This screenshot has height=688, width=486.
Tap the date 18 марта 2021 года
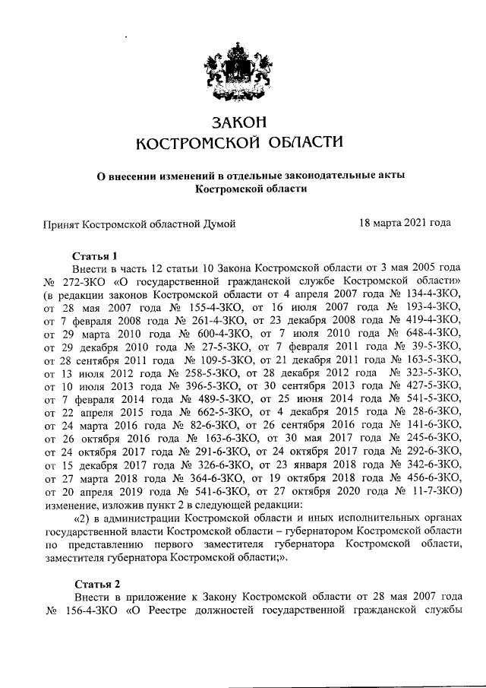[405, 224]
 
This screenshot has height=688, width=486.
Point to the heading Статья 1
[96, 255]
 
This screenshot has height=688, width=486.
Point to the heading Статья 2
[96, 584]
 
